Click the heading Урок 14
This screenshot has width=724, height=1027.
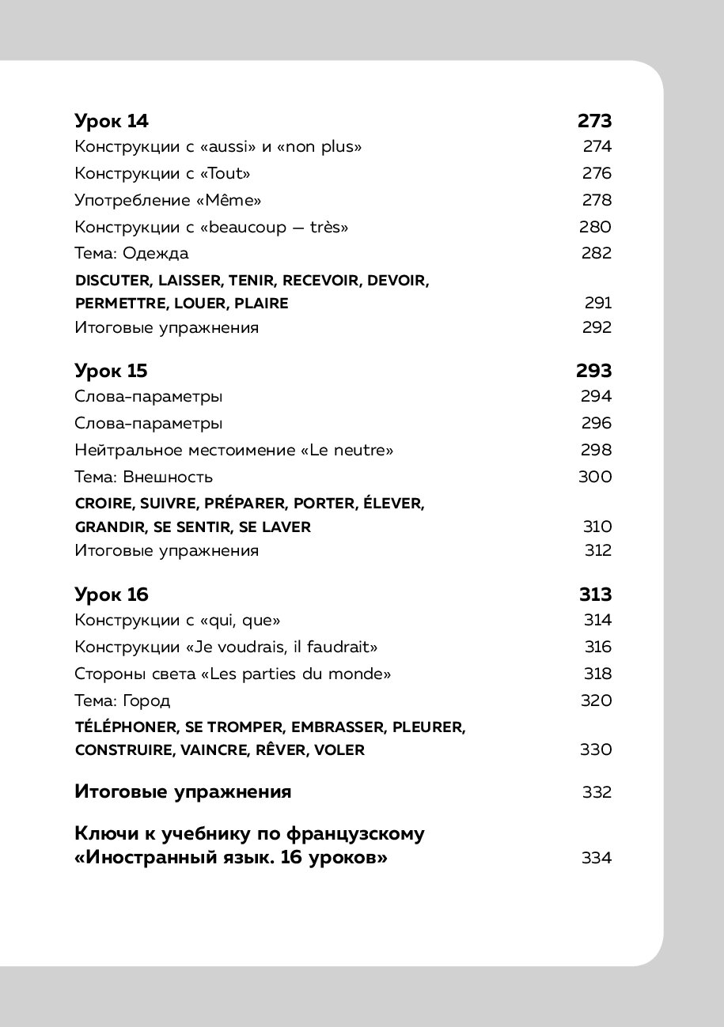[112, 121]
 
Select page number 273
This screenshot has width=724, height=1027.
[595, 121]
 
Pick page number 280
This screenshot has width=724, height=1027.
[596, 228]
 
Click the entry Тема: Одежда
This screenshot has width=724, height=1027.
[132, 254]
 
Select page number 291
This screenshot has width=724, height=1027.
[599, 304]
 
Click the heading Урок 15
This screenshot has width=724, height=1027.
[112, 371]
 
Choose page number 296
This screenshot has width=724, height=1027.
[596, 424]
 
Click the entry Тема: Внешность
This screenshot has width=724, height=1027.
[144, 478]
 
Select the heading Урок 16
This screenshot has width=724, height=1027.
[112, 595]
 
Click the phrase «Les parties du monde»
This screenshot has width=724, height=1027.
[302, 674]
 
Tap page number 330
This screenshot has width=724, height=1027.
[596, 750]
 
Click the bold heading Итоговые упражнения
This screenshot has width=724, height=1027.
[184, 792]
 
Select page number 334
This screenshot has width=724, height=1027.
[597, 858]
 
